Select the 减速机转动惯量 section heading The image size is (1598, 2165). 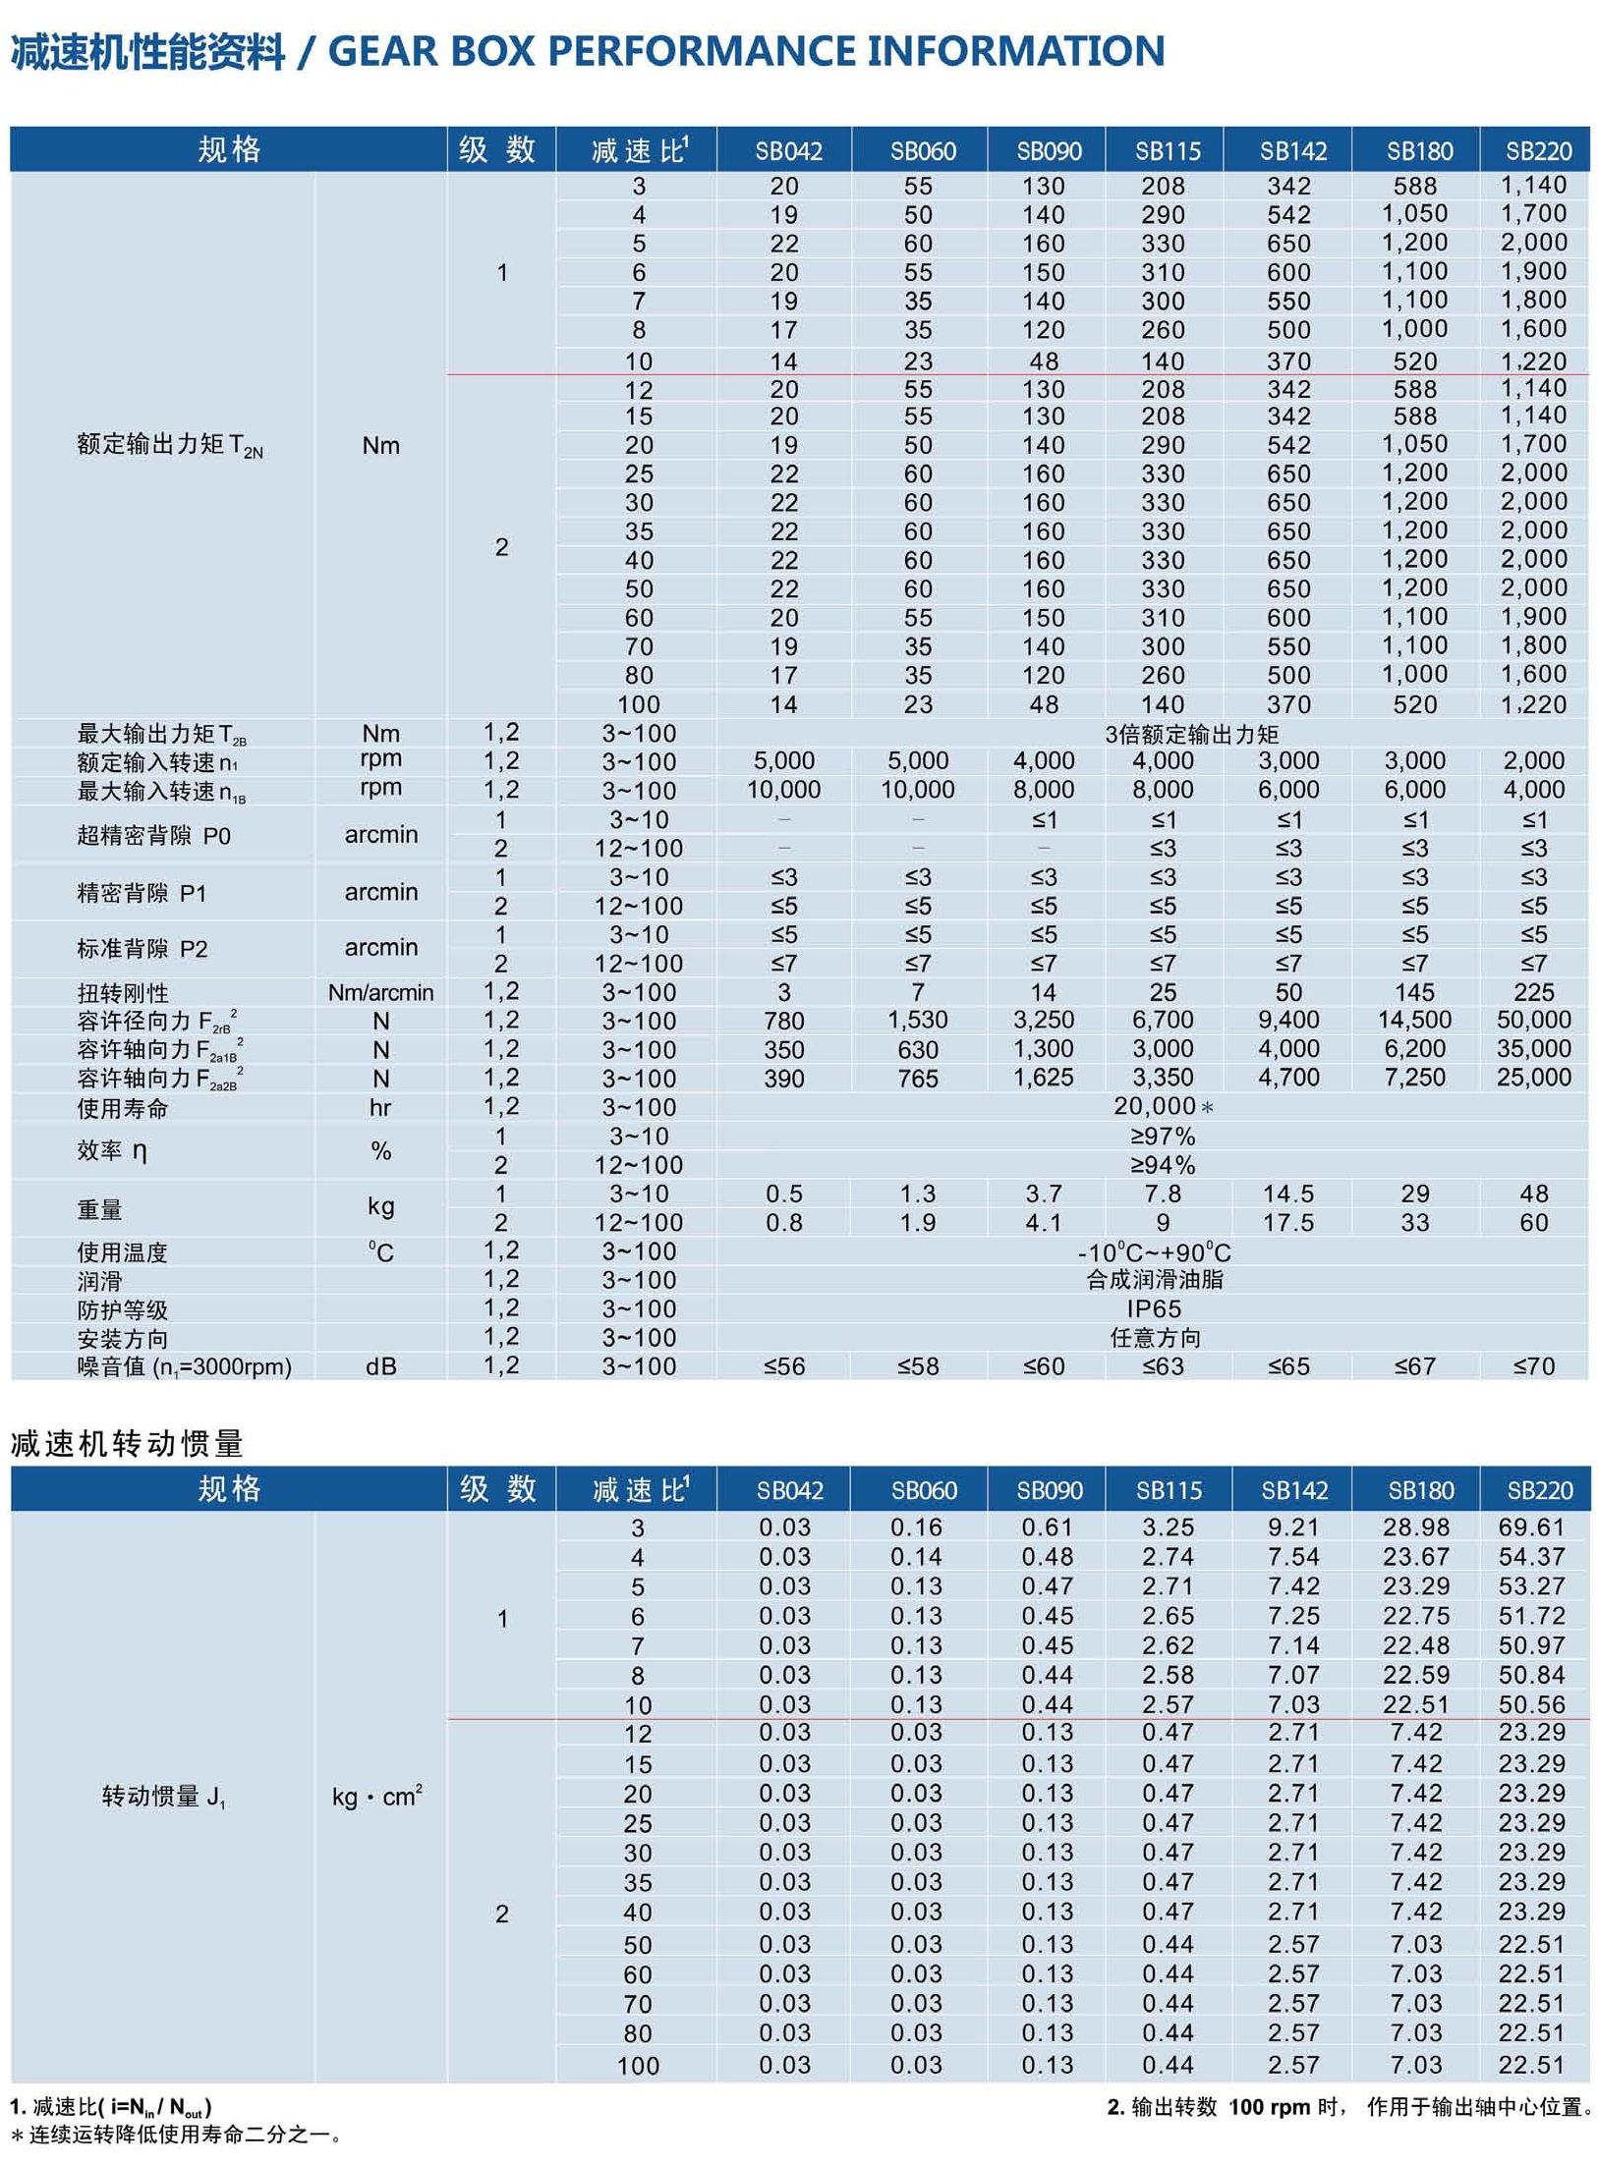(x=127, y=1443)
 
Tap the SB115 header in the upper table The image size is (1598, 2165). (x=1168, y=151)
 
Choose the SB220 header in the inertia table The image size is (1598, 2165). (x=1539, y=1490)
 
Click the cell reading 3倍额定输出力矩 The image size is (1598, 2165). (x=1191, y=734)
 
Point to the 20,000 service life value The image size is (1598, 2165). (x=1155, y=1106)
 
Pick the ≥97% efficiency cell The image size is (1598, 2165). (x=1163, y=1137)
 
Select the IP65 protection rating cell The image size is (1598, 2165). (x=1154, y=1308)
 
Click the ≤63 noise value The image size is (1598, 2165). (x=1163, y=1366)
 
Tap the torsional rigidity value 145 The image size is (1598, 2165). (x=1414, y=992)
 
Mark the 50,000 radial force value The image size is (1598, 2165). (x=1533, y=1020)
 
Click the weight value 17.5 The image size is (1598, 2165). (x=1288, y=1223)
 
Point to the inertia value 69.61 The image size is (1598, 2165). (x=1531, y=1527)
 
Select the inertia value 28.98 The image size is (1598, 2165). (x=1415, y=1527)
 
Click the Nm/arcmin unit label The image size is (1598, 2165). (x=380, y=992)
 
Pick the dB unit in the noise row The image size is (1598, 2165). (x=380, y=1366)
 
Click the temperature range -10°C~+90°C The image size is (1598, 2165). (x=1154, y=1252)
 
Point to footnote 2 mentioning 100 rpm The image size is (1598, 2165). (x=1347, y=2107)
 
